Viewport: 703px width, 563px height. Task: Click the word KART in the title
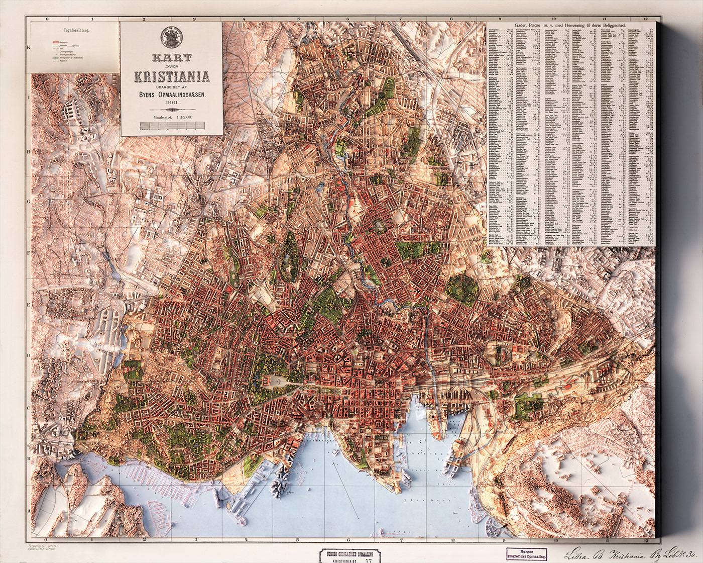click(x=171, y=58)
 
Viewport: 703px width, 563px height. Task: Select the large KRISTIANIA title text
click(x=171, y=76)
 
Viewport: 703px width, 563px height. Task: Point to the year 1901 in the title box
click(x=171, y=103)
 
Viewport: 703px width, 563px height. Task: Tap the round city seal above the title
click(x=171, y=38)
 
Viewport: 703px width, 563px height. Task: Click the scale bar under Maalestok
click(x=171, y=126)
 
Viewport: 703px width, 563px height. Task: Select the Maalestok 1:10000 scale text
click(x=171, y=117)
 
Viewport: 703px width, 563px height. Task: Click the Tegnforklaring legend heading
click(x=76, y=30)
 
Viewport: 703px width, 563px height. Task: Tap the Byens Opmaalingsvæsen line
click(x=171, y=94)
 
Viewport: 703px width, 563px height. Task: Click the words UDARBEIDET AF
click(x=171, y=86)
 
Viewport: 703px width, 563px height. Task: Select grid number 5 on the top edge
click(x=298, y=19)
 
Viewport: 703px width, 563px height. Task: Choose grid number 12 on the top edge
click(x=646, y=19)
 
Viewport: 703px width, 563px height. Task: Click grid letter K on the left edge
click(x=29, y=48)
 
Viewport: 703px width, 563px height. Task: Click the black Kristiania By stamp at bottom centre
click(x=350, y=554)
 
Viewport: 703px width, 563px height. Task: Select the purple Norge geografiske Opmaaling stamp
click(x=526, y=554)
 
